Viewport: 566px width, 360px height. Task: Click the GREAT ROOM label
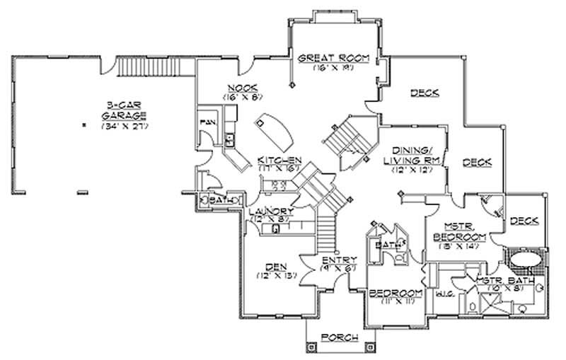coord(333,59)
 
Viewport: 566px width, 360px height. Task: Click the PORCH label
coord(339,337)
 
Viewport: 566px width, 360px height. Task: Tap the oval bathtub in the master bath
coord(525,257)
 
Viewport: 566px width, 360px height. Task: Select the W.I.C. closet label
coord(446,291)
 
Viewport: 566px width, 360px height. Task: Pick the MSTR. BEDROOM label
coord(460,231)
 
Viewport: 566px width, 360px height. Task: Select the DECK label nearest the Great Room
coord(424,93)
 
